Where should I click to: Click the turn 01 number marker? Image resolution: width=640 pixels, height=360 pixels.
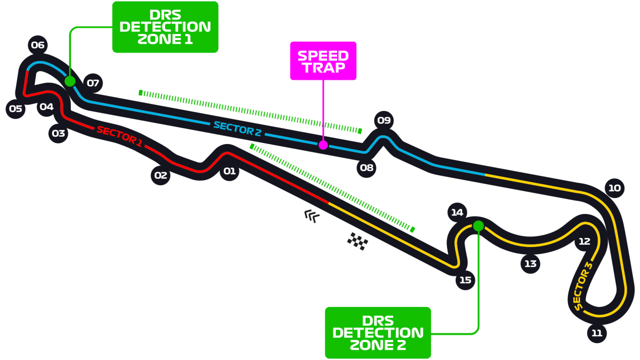pos(229,171)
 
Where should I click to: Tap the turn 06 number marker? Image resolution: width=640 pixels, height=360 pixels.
pos(37,46)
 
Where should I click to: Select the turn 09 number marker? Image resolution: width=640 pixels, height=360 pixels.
pos(384,121)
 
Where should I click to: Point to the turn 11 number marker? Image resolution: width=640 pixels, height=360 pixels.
pos(597,333)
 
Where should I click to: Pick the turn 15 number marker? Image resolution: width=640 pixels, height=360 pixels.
pos(465,280)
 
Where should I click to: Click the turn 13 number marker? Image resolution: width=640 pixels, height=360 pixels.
pos(530,264)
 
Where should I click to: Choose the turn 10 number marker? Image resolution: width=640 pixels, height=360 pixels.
pos(614,188)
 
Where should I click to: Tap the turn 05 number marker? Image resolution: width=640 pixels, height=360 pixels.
pos(16,108)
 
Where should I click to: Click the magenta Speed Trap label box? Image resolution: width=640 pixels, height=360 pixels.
pos(323,61)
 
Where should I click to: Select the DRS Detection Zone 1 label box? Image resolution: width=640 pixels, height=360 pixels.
pos(165,27)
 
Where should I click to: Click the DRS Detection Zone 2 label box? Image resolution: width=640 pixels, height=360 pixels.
pos(378,333)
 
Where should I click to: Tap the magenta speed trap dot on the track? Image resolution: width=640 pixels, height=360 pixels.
pos(323,145)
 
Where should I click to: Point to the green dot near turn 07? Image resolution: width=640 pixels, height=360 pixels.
pos(70,81)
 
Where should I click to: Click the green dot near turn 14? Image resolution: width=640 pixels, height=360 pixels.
pos(478,226)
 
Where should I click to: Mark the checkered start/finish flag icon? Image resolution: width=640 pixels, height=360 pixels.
pos(357,241)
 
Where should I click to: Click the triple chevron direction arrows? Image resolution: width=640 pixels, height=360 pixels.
pos(312,216)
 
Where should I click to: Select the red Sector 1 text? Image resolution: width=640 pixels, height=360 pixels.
pos(119,137)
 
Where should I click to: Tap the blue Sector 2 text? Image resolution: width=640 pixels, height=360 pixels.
pos(234,128)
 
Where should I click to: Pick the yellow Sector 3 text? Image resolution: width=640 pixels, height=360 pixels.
pos(583,286)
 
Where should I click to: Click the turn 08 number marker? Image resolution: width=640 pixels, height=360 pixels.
pos(366,168)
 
